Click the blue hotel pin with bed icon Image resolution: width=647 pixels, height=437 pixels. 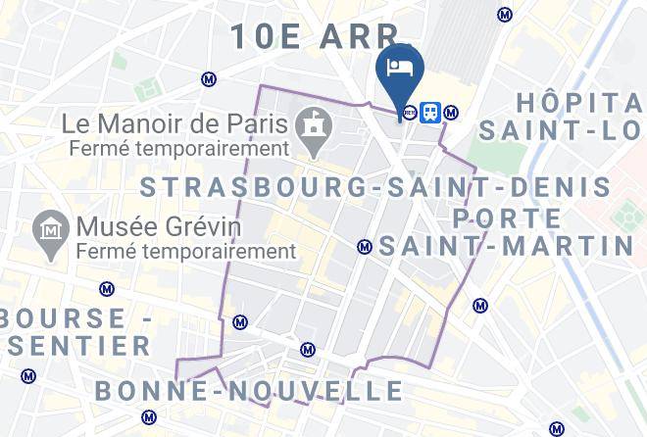399,70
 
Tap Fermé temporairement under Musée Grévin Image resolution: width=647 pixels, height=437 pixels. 187,252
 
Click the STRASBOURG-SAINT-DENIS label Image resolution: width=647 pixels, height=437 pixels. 376,187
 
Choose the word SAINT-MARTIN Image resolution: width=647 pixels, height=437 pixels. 507,247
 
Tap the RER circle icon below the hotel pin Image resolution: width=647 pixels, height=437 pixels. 409,112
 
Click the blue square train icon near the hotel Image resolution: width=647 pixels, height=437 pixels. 429,112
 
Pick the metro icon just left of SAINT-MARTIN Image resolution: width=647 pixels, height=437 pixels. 365,247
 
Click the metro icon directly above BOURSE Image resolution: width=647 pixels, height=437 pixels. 106,289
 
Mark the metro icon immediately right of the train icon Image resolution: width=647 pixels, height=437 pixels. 451,112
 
